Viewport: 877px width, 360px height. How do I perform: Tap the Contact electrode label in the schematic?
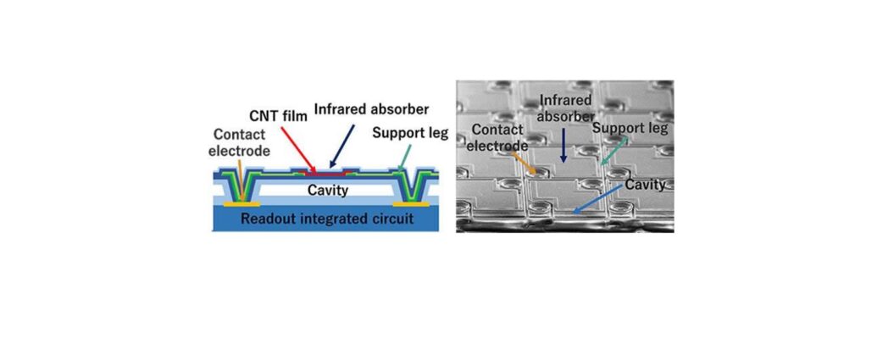pyautogui.click(x=241, y=143)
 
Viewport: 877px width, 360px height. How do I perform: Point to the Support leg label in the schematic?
pyautogui.click(x=410, y=134)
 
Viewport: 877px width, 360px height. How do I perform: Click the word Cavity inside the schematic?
pyautogui.click(x=328, y=190)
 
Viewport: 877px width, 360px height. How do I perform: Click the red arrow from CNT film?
pyautogui.click(x=298, y=150)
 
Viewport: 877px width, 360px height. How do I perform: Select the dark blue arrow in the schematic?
pyautogui.click(x=343, y=146)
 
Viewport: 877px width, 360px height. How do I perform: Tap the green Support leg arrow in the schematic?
pyautogui.click(x=405, y=157)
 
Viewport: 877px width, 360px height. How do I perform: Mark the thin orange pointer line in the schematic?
pyautogui.click(x=240, y=179)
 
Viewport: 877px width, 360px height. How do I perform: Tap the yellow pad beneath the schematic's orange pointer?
pyautogui.click(x=242, y=204)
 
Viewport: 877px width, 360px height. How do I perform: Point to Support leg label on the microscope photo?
pyautogui.click(x=630, y=129)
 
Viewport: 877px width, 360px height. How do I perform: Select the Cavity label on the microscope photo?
pyautogui.click(x=644, y=185)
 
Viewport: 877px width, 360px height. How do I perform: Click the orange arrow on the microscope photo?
pyautogui.click(x=525, y=161)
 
